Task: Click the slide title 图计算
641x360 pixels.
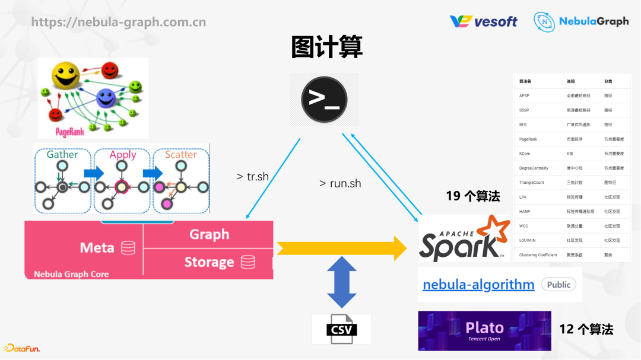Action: coord(326,47)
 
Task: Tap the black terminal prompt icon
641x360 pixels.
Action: coord(324,100)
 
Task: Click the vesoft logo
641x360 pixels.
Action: coord(484,21)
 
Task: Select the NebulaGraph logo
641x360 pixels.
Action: coord(580,21)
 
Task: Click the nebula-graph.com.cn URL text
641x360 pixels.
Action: coord(119,22)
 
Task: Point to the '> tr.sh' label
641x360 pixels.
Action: coord(253,177)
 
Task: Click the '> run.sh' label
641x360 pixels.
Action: coord(340,183)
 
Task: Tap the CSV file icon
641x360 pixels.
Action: coord(341,329)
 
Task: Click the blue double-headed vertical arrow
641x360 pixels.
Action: coord(342,282)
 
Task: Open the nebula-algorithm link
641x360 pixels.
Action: coord(478,285)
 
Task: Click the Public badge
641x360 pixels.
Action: coord(559,285)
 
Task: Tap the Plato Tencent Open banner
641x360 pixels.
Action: coord(484,331)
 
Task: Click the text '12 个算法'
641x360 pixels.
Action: coord(586,329)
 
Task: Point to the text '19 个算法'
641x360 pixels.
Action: coord(473,196)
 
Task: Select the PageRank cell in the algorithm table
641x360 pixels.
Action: coord(528,139)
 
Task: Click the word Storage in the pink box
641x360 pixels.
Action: coord(209,262)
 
